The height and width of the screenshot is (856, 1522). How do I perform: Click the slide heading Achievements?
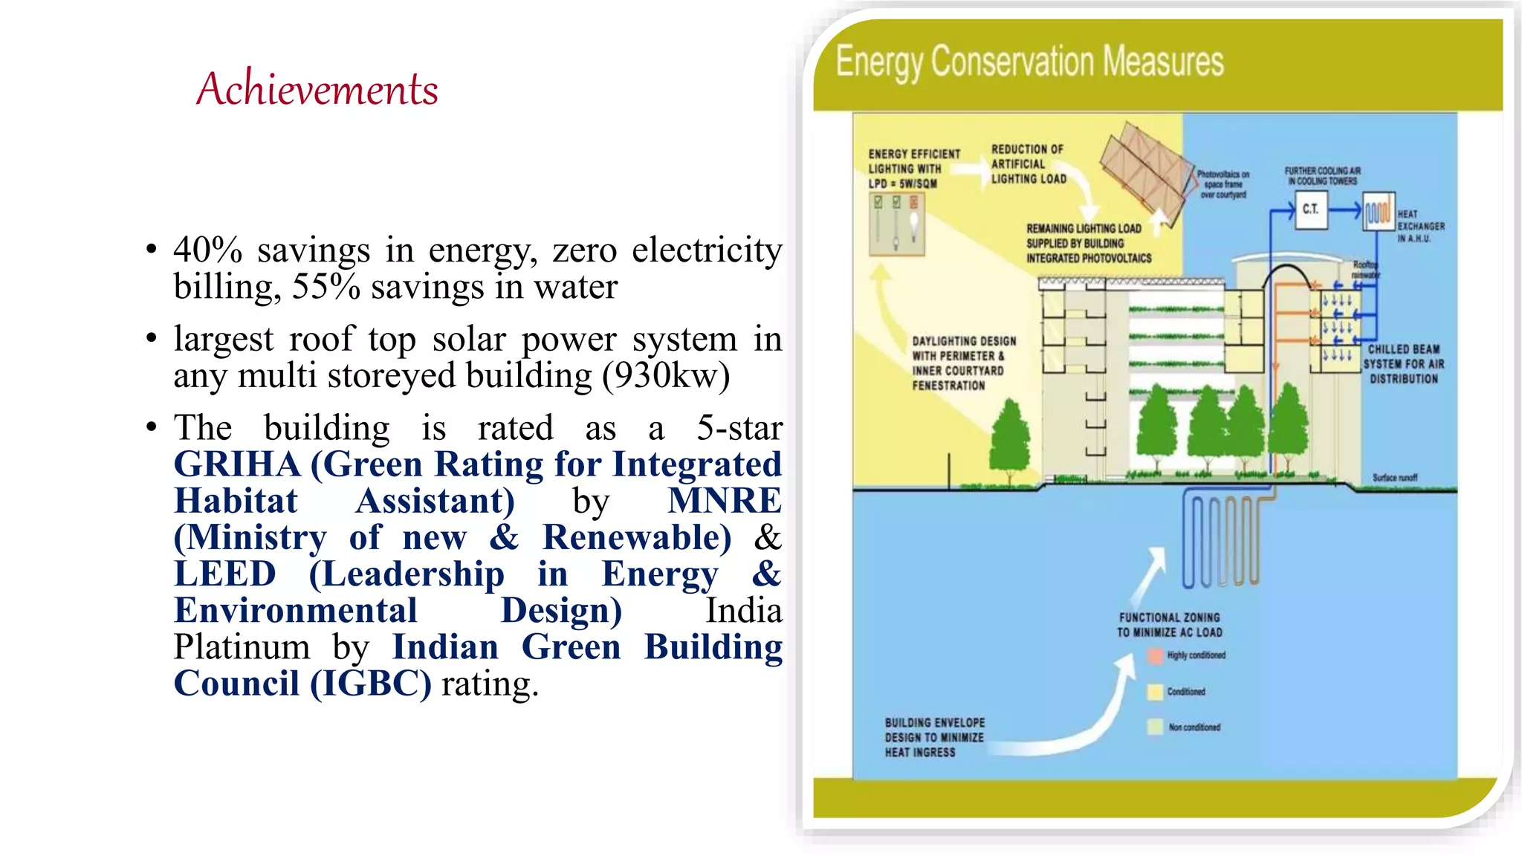[x=317, y=89]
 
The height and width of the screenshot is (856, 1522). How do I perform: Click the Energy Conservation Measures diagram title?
[x=1029, y=62]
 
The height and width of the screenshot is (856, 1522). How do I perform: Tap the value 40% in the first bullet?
[x=207, y=250]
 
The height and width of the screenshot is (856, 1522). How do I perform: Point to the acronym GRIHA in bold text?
[x=237, y=464]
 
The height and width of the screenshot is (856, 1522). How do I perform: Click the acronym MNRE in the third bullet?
[x=724, y=501]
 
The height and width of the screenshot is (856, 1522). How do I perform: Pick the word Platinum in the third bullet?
[x=242, y=647]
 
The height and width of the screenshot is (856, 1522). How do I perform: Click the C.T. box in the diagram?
[x=1310, y=210]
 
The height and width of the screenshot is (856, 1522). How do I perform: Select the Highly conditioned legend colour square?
[x=1155, y=655]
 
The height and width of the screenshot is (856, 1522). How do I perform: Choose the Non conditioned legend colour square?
[x=1155, y=727]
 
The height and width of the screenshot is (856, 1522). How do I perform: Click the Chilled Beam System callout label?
[x=1404, y=364]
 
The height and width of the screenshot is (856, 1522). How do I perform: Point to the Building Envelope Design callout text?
[x=934, y=737]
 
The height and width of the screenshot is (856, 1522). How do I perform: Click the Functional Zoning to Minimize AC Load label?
[x=1169, y=625]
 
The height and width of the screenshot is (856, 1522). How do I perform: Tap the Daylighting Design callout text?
[x=964, y=363]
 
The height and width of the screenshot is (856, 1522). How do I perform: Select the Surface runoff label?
[x=1394, y=478]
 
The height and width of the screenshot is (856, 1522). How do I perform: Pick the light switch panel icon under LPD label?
[x=896, y=224]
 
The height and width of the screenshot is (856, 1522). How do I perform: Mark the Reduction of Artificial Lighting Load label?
[x=1029, y=164]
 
